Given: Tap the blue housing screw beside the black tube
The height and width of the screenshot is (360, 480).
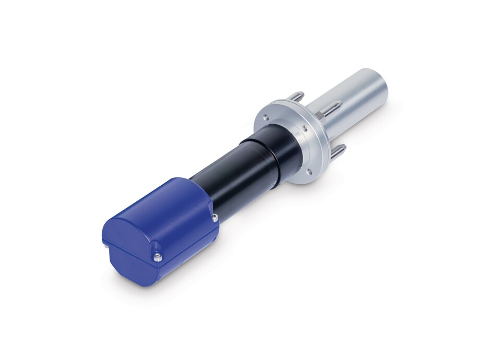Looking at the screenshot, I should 213,217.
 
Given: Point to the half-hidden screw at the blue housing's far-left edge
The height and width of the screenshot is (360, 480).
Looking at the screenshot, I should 104,242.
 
